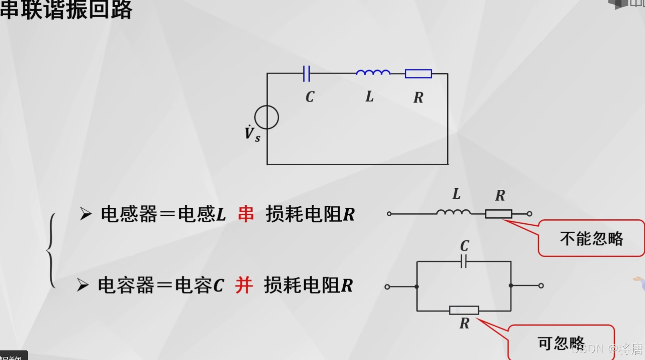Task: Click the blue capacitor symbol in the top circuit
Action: (x=307, y=74)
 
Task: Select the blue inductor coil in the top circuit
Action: (x=373, y=73)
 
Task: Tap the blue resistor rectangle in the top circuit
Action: (x=418, y=74)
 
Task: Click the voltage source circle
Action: (x=267, y=117)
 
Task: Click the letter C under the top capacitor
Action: (x=310, y=97)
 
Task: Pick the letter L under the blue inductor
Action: (x=370, y=96)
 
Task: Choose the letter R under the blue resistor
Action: (x=418, y=97)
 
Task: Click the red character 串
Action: (x=246, y=214)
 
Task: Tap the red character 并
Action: (x=244, y=285)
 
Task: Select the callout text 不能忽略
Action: (x=591, y=239)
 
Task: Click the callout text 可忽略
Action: (x=561, y=343)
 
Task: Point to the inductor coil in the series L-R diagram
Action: (x=454, y=213)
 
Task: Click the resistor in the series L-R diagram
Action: (x=498, y=214)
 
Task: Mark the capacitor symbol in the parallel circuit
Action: (x=464, y=262)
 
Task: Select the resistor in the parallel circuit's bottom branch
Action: (x=464, y=310)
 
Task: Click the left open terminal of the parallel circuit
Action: (x=387, y=286)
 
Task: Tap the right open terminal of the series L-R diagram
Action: (x=530, y=214)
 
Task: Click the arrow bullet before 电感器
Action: (x=85, y=214)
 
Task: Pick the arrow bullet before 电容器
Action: (x=82, y=285)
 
